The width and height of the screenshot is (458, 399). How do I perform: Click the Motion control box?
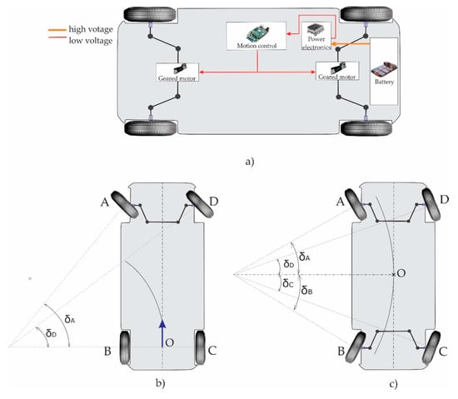click(256, 36)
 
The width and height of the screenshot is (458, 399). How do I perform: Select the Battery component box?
click(384, 72)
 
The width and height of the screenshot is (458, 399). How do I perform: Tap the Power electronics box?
click(316, 36)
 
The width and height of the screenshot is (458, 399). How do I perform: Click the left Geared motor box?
click(177, 72)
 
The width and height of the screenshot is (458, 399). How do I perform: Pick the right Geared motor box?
click(337, 71)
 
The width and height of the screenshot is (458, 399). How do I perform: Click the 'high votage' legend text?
click(91, 29)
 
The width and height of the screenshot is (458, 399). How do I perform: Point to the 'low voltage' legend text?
click(91, 40)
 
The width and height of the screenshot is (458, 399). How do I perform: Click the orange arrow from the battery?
click(351, 44)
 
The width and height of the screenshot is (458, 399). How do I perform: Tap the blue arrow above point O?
click(162, 333)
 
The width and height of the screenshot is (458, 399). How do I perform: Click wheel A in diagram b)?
click(125, 204)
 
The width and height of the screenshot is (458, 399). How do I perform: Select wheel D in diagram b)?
click(200, 204)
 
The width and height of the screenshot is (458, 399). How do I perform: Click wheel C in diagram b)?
click(201, 347)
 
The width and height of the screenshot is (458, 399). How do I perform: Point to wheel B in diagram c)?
click(355, 347)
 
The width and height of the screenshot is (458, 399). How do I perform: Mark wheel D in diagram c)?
click(431, 204)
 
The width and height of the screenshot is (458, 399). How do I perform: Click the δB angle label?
click(306, 291)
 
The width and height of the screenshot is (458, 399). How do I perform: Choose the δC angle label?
click(288, 282)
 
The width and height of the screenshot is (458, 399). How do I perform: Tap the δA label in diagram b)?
click(70, 319)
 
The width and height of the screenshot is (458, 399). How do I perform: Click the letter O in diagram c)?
click(401, 273)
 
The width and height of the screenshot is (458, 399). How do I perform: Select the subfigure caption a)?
click(250, 162)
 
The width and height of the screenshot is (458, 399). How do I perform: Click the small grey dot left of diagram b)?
click(30, 278)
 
